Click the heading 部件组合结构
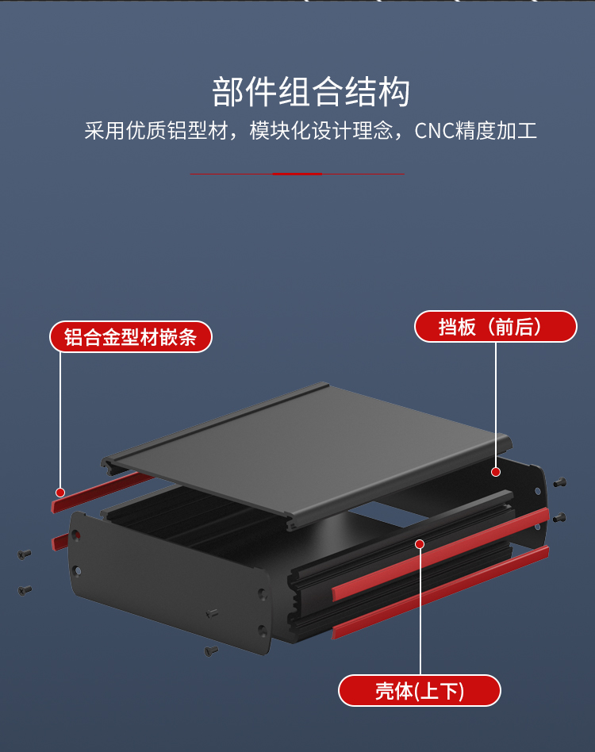click(x=310, y=92)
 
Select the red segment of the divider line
click(x=297, y=173)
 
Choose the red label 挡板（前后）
click(x=495, y=326)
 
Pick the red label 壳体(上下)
click(x=420, y=690)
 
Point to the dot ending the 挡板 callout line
click(x=496, y=471)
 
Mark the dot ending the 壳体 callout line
click(x=420, y=544)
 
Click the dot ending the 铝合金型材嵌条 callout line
click(x=60, y=492)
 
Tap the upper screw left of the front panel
click(x=25, y=554)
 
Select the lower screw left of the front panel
click(x=25, y=589)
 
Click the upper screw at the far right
click(x=560, y=482)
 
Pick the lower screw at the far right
click(x=559, y=517)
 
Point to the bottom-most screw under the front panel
click(x=211, y=650)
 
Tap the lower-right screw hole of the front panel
click(x=262, y=631)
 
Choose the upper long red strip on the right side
click(x=441, y=554)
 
